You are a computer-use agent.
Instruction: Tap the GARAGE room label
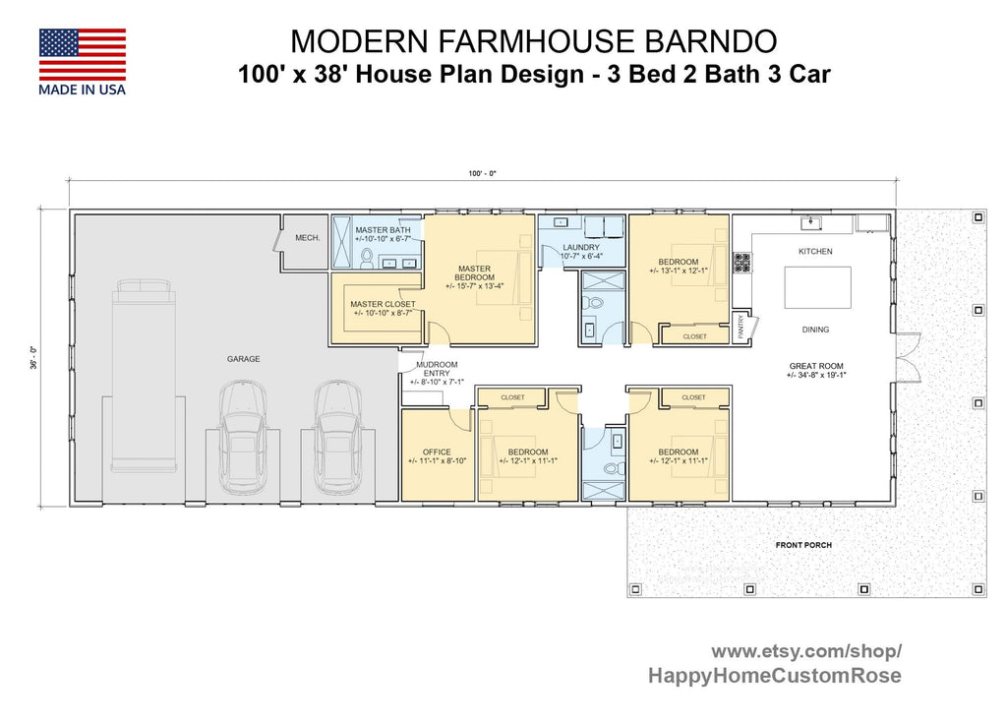click(244, 359)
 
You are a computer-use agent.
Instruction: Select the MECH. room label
click(307, 237)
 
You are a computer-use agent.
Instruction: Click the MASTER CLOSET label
click(383, 304)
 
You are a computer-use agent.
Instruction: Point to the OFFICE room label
click(437, 452)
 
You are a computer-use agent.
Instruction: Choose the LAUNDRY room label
click(580, 248)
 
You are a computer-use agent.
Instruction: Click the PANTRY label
click(740, 328)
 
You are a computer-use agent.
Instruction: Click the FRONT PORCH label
click(802, 545)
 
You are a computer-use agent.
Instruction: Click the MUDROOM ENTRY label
click(437, 369)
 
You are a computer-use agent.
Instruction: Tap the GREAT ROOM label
click(816, 366)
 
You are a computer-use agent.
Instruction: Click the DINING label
click(815, 330)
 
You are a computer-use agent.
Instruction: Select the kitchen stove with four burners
click(742, 263)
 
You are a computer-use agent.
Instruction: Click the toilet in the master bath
click(366, 259)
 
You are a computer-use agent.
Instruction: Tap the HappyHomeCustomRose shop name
click(774, 676)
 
